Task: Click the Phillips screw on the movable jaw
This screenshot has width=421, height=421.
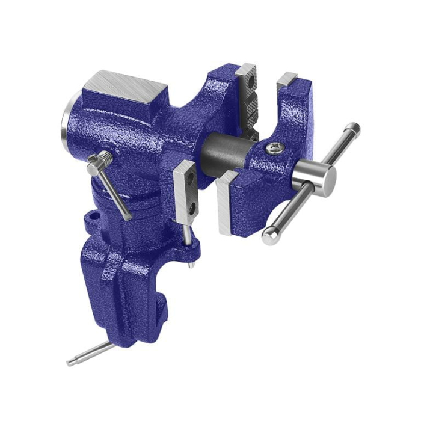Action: coord(275,146)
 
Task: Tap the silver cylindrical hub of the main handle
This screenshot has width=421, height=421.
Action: coord(313,177)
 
